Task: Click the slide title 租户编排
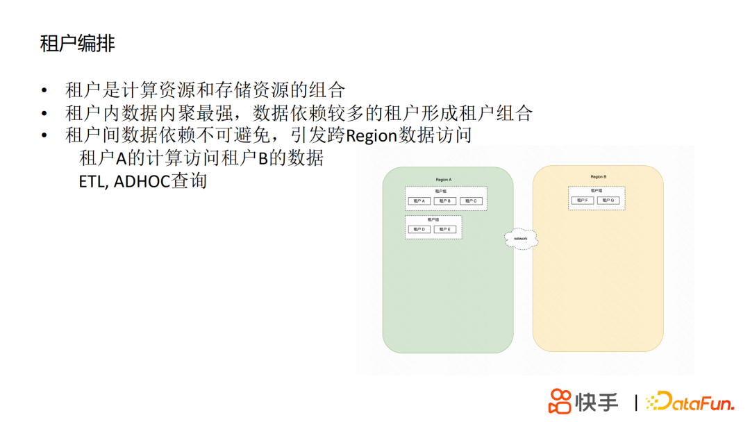77,44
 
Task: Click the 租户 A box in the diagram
419,201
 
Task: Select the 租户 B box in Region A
444,201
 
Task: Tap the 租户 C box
470,201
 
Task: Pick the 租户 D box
419,229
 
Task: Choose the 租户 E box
444,229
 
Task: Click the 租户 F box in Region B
583,200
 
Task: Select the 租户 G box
608,200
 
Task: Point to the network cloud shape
521,238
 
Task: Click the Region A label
444,180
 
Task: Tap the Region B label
599,177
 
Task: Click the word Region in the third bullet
372,135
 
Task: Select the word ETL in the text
92,182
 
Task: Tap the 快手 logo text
597,402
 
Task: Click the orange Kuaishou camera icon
560,402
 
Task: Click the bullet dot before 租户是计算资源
45,91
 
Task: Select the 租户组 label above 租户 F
596,190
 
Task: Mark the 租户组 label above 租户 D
433,219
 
